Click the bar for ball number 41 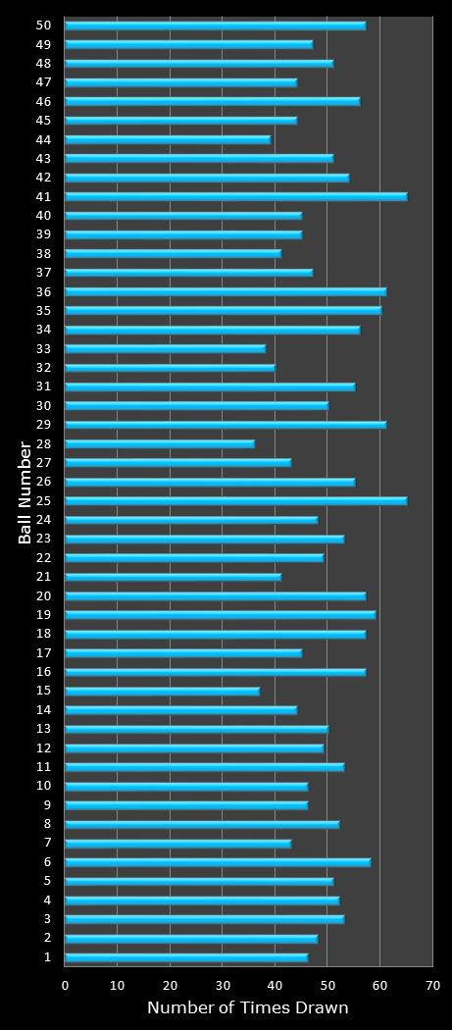235,196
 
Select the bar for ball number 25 235,500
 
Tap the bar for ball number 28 160,443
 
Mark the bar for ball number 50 215,26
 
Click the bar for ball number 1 186,956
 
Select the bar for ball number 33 165,348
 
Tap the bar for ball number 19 220,615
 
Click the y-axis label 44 43,139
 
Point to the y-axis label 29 43,425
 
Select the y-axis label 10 43,786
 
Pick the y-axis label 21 43,577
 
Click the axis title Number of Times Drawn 247,1008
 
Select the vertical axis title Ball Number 25,492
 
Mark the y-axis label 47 43,82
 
